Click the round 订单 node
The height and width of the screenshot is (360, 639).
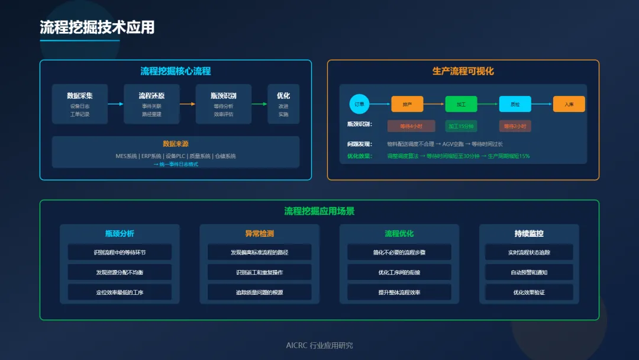[359, 104]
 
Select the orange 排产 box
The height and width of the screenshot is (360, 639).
[407, 104]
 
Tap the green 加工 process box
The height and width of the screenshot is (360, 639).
[461, 104]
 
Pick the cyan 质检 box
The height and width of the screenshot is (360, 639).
[515, 104]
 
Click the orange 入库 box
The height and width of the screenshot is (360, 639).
[569, 104]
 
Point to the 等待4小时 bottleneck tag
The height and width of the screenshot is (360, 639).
[411, 126]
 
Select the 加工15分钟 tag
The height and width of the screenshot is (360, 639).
[461, 126]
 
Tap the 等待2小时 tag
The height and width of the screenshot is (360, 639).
[515, 126]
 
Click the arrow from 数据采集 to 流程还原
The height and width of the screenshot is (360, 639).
[116, 104]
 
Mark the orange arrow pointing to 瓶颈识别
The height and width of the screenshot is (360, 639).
[188, 104]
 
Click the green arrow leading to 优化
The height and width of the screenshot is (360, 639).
[260, 104]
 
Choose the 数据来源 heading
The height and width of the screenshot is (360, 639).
[176, 144]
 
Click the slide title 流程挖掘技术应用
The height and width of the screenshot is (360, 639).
[97, 27]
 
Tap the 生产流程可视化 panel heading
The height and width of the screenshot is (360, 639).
[463, 71]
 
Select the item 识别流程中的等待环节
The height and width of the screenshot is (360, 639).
[120, 252]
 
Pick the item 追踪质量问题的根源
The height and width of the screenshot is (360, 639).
[259, 292]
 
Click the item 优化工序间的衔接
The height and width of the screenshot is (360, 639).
[399, 272]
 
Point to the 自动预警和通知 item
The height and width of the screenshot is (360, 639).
[529, 272]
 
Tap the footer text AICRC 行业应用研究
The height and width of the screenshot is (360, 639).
[319, 345]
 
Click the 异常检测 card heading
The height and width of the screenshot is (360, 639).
[259, 233]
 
